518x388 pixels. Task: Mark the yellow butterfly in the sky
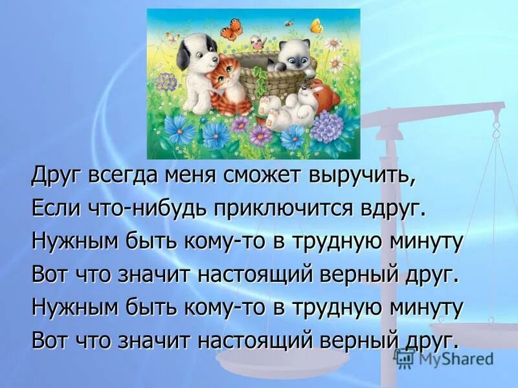point(315,27)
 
